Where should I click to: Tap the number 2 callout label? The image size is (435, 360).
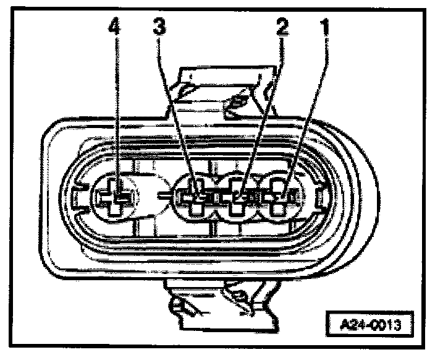[282, 28]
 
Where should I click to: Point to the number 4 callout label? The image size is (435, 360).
[115, 28]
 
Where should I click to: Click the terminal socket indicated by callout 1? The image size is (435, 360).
[281, 198]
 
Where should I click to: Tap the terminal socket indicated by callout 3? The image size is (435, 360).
[196, 198]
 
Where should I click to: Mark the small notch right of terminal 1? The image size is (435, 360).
[319, 198]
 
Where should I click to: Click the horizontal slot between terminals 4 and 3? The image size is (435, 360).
[162, 194]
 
